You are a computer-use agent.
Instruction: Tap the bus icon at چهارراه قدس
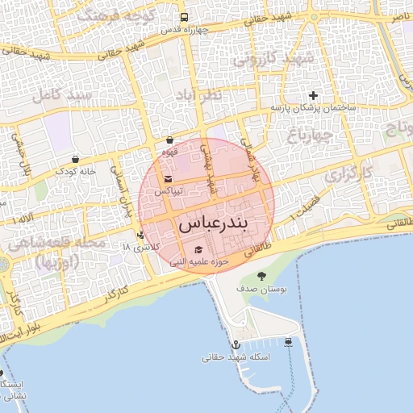pyautogui.click(x=185, y=17)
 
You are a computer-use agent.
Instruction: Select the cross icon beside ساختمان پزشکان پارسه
pyautogui.click(x=314, y=96)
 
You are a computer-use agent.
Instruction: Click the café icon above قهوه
pyautogui.click(x=169, y=140)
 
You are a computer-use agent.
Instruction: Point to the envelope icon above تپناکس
pyautogui.click(x=167, y=179)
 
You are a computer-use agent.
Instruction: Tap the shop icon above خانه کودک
pyautogui.click(x=75, y=159)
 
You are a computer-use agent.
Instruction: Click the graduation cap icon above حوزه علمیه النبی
pyautogui.click(x=198, y=249)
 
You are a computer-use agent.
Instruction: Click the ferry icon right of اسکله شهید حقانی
pyautogui.click(x=289, y=344)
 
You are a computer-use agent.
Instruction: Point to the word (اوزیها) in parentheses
pyautogui.click(x=56, y=261)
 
